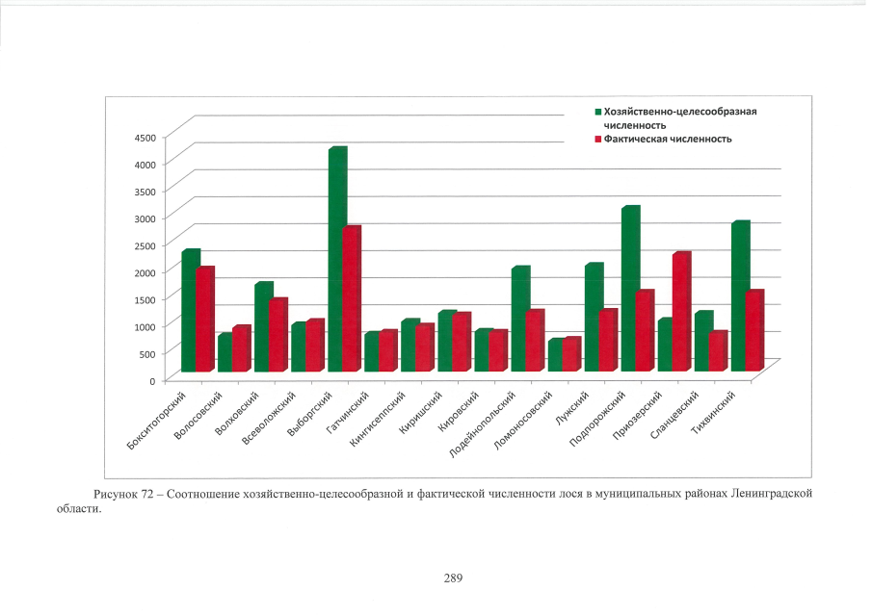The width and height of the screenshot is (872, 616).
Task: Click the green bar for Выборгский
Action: pyautogui.click(x=336, y=260)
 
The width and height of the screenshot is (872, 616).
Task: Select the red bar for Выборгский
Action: pyautogui.click(x=352, y=300)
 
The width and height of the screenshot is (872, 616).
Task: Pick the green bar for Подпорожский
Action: pyautogui.click(x=629, y=289)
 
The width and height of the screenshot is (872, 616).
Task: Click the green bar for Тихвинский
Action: pyautogui.click(x=739, y=296)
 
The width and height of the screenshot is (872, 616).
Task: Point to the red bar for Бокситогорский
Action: pyautogui.click(x=204, y=320)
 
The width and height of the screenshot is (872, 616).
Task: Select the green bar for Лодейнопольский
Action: pyautogui.click(x=519, y=320)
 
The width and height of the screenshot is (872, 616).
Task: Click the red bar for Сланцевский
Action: pyautogui.click(x=718, y=352)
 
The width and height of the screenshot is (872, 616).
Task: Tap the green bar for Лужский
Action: pyautogui.click(x=593, y=318)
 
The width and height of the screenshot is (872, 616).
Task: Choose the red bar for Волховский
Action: pyautogui.click(x=277, y=336)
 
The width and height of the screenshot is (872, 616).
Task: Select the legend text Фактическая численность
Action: pyautogui.click(x=668, y=139)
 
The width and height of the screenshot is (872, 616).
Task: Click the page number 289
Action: pyautogui.click(x=454, y=578)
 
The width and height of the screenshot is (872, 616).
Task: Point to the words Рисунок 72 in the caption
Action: pyautogui.click(x=121, y=494)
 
